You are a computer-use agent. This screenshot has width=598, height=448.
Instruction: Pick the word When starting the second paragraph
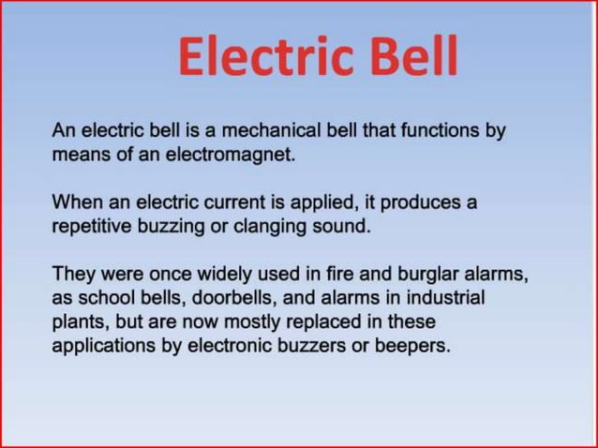74,202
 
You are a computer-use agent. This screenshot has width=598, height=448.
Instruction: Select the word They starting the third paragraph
71,275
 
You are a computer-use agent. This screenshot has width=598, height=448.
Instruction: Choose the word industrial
446,298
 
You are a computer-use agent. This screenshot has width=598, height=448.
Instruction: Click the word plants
78,321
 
